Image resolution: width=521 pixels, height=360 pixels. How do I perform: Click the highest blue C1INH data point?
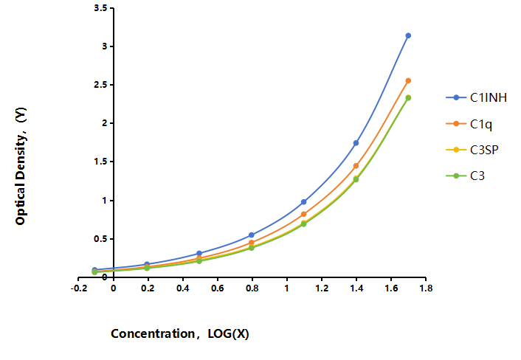(408, 35)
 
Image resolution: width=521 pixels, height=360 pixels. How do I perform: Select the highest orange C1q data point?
(408, 80)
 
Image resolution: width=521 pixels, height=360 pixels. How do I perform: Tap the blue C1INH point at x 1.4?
(356, 143)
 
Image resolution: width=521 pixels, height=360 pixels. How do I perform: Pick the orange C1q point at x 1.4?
(356, 166)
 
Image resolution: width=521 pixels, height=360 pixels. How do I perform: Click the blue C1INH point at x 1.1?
(304, 202)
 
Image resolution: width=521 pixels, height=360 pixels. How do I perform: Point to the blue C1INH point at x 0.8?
(252, 235)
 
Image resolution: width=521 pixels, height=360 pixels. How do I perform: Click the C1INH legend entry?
(477, 97)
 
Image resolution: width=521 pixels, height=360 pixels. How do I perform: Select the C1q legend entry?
(469, 124)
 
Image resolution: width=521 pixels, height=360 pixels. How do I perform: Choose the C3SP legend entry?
(472, 150)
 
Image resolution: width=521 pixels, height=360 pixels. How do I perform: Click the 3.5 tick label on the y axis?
(100, 8)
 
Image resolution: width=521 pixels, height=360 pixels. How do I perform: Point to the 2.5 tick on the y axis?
(100, 85)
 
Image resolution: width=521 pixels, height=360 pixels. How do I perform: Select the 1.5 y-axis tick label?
(100, 162)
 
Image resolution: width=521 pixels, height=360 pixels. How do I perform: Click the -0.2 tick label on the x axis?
(79, 288)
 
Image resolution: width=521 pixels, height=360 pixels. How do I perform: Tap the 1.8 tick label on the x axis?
(426, 288)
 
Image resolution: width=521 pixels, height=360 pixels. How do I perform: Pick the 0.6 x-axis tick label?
(217, 288)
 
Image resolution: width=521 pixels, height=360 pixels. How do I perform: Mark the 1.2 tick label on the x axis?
(322, 288)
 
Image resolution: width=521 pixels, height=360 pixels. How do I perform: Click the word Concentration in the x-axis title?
(153, 333)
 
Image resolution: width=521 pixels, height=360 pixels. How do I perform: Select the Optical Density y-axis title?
(21, 166)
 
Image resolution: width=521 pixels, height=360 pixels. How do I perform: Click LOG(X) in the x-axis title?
(228, 333)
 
